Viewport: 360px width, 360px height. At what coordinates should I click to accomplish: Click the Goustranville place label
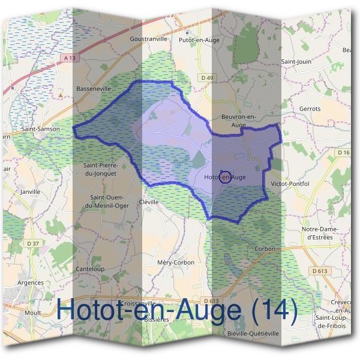148,39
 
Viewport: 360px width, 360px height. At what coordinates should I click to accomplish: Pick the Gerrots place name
310,109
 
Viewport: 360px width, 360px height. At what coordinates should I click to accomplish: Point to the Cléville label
148,202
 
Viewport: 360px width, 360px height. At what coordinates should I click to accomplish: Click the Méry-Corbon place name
175,263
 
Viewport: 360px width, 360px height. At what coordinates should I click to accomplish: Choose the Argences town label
31,282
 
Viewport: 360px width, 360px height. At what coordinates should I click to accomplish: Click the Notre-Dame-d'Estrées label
320,233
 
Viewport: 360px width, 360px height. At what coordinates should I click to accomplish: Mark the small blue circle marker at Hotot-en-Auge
226,177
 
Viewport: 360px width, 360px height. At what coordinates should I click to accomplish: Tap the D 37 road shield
34,243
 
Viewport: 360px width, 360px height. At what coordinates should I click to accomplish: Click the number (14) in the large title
274,311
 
